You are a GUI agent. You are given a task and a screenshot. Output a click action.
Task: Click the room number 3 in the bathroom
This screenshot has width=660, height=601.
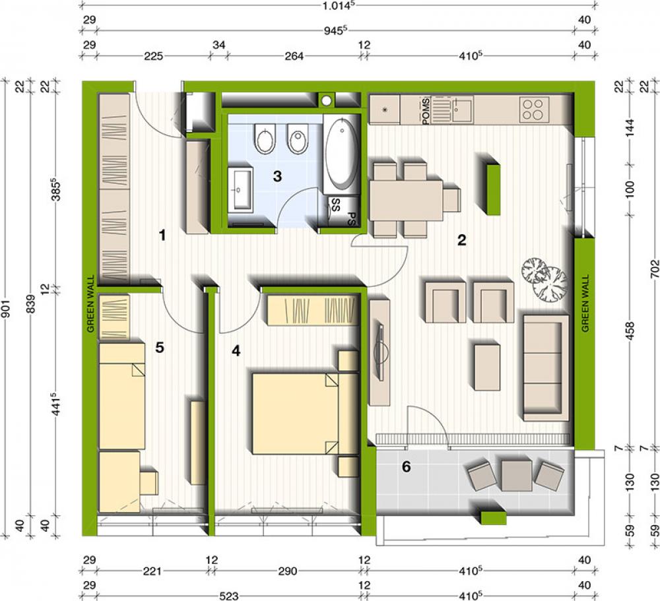point(277,176)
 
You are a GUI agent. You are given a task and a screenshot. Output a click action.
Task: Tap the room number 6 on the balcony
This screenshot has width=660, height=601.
point(406,466)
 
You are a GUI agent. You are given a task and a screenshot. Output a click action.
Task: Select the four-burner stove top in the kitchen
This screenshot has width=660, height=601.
point(534,110)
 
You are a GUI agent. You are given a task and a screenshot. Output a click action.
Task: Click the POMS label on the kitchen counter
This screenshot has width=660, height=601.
point(426,111)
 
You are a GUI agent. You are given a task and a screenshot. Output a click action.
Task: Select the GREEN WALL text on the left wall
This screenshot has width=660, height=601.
point(90,303)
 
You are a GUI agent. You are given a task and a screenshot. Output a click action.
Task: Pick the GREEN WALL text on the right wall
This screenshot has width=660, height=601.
point(585,303)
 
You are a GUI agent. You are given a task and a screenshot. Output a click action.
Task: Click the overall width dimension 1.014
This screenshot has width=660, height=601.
point(335,5)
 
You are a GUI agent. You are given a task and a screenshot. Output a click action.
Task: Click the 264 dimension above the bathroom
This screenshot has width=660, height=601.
point(294,56)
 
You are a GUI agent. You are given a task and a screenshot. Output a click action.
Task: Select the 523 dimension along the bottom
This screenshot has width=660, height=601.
point(228,596)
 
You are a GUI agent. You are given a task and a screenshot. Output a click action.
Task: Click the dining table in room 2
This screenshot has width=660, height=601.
point(406,201)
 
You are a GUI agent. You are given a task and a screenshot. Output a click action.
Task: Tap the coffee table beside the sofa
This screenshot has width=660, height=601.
point(487,367)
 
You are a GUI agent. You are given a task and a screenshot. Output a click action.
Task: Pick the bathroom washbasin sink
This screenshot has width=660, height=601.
point(240,188)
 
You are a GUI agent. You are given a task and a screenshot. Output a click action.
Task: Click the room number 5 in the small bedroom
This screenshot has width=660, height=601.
point(160,348)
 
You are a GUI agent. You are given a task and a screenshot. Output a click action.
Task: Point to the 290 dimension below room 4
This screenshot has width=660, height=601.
point(288,571)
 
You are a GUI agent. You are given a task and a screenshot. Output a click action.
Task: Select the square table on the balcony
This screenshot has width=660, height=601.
point(517,475)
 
